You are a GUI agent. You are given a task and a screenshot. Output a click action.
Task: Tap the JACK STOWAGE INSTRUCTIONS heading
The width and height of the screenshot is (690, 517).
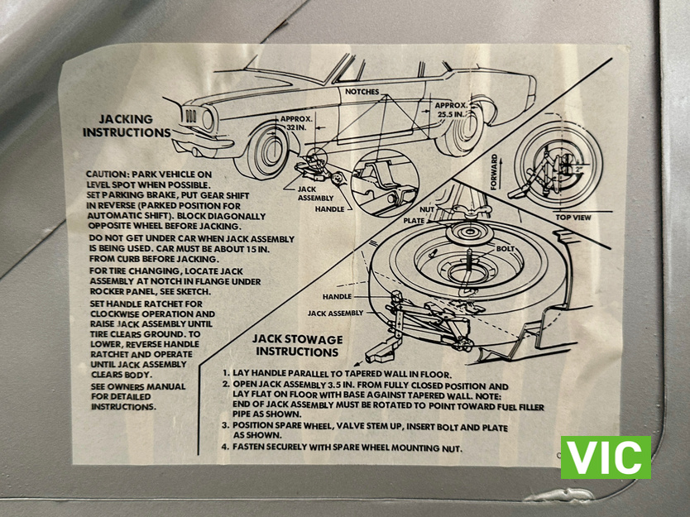(298, 346)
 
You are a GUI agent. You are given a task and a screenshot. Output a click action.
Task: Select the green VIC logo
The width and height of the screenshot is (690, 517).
(606, 457)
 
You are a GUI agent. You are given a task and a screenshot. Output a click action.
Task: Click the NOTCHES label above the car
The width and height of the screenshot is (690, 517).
(362, 92)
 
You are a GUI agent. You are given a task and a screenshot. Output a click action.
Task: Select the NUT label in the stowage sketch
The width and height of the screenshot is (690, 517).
(427, 210)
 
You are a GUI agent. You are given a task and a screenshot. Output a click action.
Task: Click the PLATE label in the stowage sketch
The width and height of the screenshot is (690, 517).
(413, 222)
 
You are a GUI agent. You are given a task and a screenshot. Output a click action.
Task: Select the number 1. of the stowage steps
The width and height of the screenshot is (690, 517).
(226, 374)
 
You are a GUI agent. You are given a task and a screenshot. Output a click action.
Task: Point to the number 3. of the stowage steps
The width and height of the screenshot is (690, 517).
(226, 426)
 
